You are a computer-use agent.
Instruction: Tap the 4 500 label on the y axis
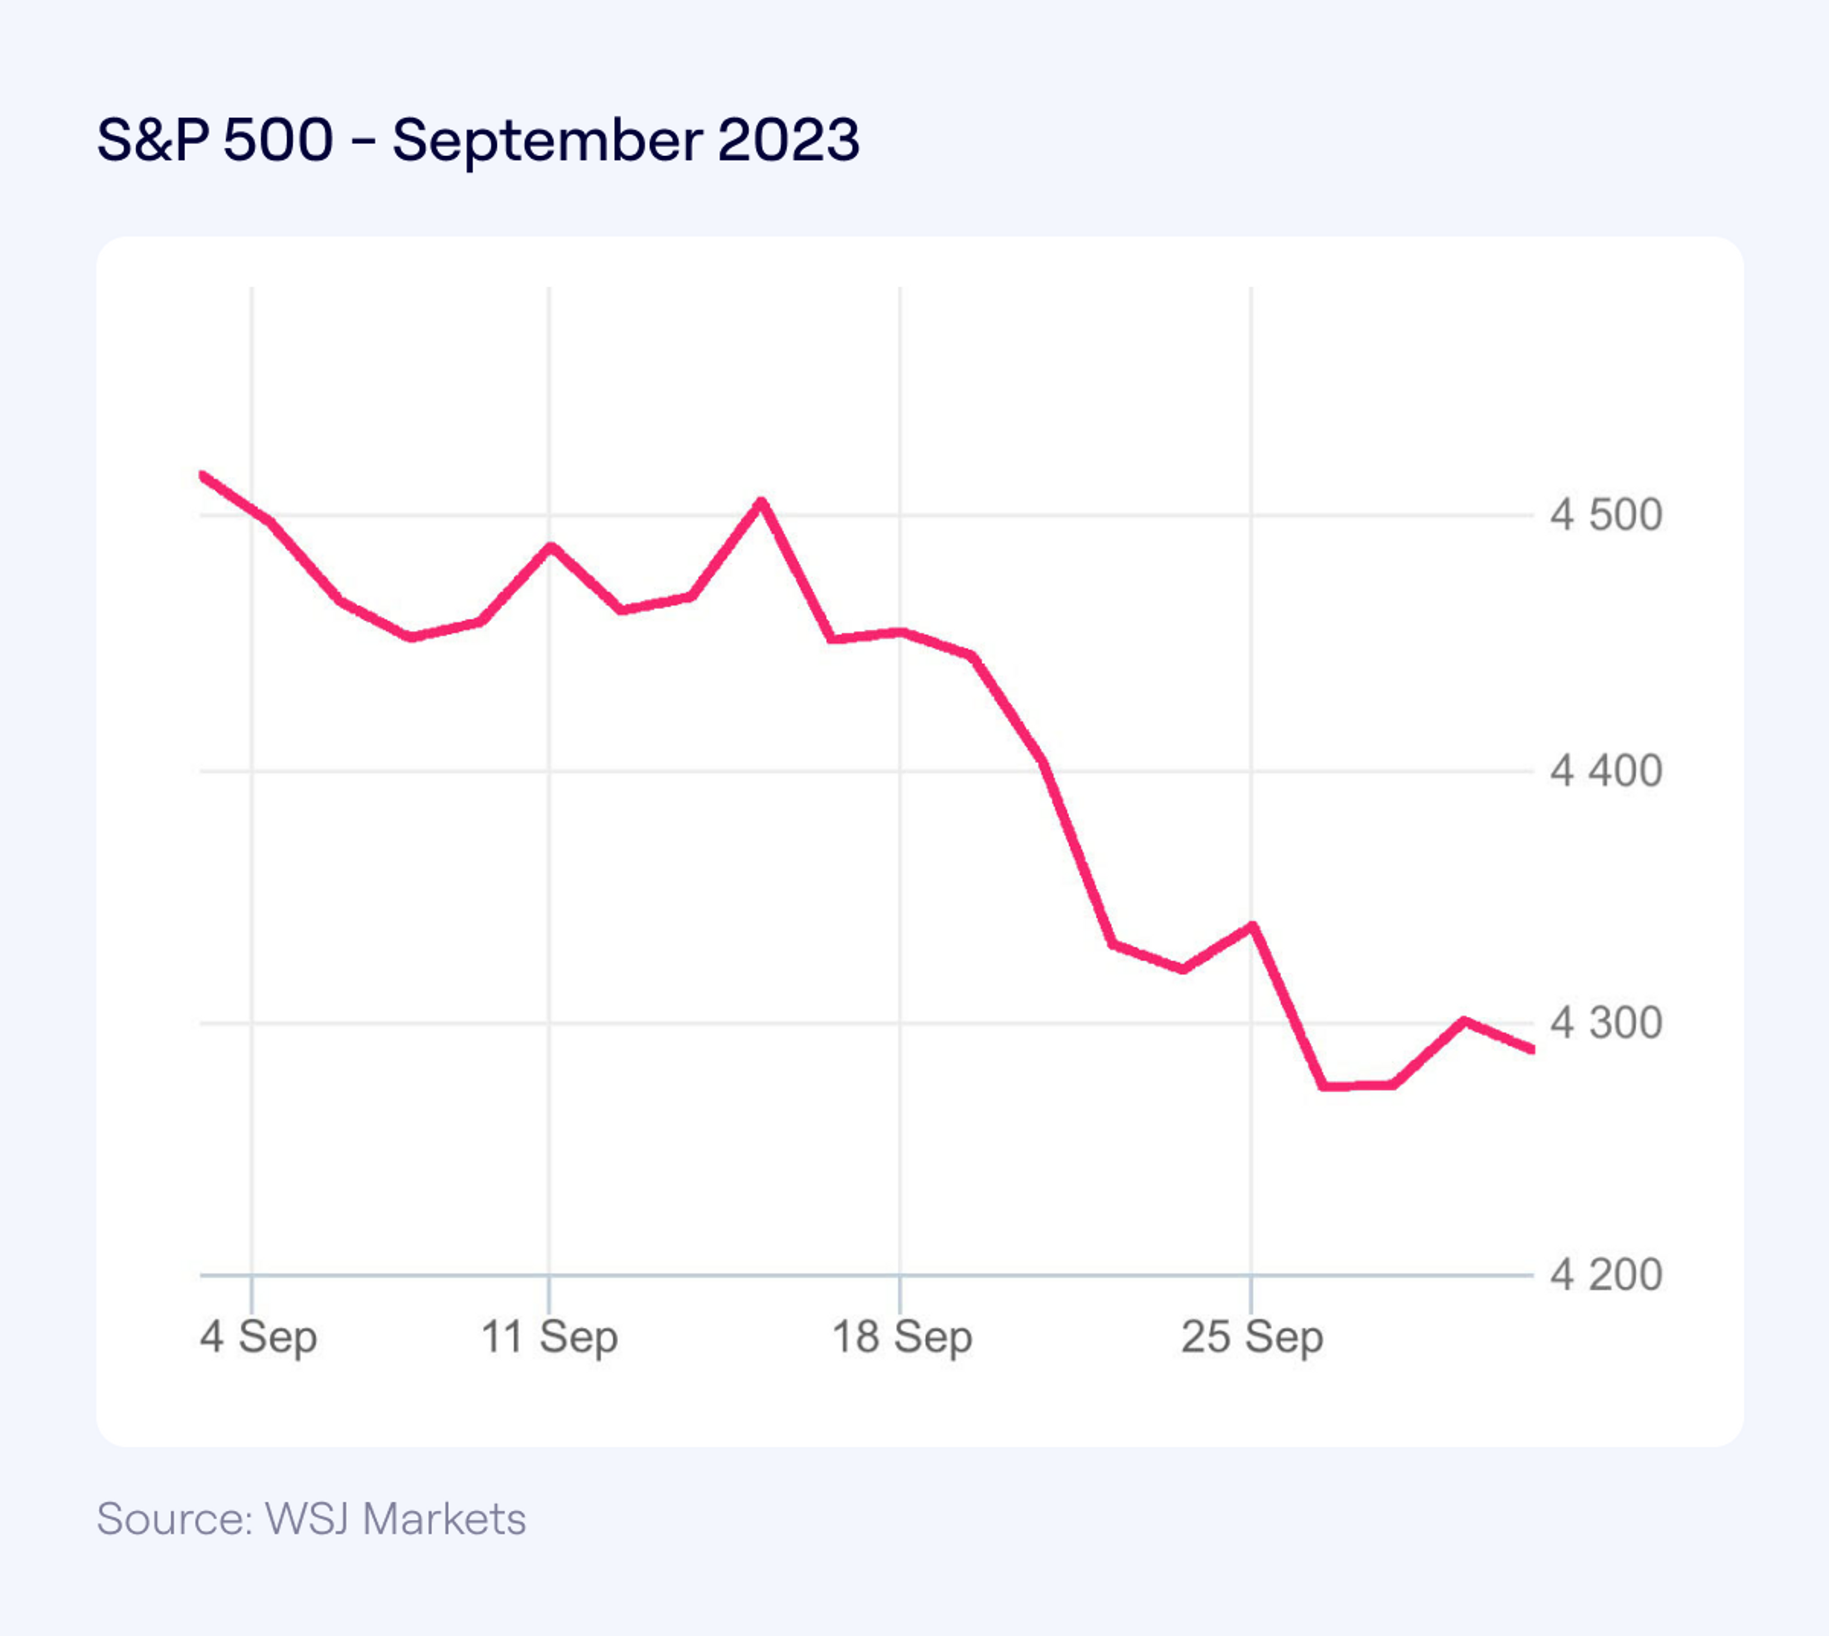tap(1605, 516)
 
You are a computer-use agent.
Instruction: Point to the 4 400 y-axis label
tap(1605, 771)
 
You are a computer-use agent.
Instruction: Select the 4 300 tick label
tap(1605, 1023)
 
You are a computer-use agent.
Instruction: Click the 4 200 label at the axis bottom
tap(1605, 1275)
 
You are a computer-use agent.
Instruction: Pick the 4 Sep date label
tap(258, 1337)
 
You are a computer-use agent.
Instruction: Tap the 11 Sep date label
tap(549, 1337)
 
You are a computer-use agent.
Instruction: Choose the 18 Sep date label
tap(902, 1337)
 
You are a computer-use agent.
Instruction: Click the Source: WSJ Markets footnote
tap(311, 1519)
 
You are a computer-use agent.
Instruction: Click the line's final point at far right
tap(1531, 1049)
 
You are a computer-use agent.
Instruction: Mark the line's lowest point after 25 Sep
tap(1323, 1086)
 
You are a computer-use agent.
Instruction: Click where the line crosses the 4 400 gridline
tap(1045, 770)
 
